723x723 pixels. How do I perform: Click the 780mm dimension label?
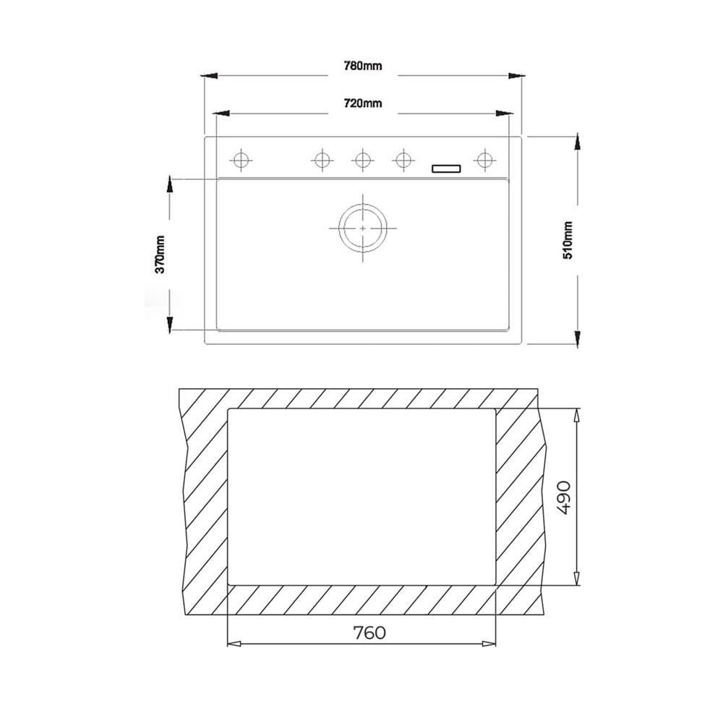point(363,66)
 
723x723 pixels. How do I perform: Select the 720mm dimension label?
point(363,103)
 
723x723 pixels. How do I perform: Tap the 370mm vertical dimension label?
point(160,254)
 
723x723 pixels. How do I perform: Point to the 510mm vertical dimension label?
point(568,240)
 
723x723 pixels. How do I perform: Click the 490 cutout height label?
point(565,497)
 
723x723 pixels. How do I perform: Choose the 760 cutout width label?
point(369,633)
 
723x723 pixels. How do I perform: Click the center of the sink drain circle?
point(363,228)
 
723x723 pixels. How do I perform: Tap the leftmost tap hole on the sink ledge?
point(241,161)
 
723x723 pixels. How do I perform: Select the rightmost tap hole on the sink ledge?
point(484,161)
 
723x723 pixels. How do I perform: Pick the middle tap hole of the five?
point(362,161)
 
